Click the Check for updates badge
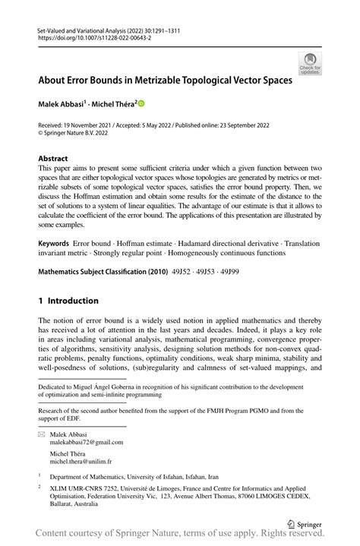[310, 63]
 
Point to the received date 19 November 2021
[93, 125]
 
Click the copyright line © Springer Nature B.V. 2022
[81, 133]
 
